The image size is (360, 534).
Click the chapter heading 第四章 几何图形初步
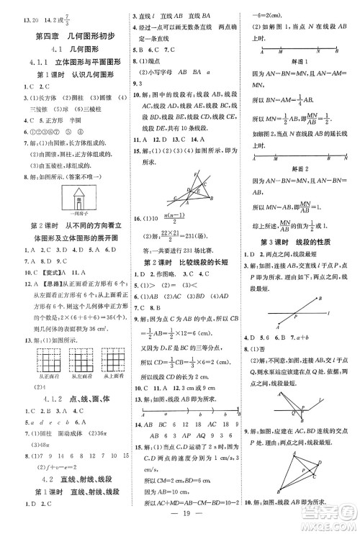pos(63,35)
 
